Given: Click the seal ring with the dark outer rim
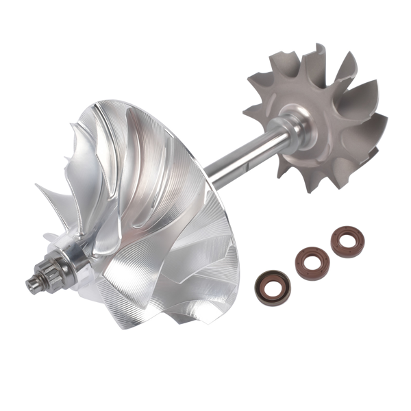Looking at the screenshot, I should pos(273,288).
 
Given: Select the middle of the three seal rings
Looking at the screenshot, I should pos(312,263).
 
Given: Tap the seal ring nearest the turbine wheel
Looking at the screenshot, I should pos(347,242).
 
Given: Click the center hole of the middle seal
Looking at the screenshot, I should pos(312,262).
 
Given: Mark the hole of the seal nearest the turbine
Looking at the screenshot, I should pos(347,240).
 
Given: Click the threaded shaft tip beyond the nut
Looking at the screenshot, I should pos(33,283).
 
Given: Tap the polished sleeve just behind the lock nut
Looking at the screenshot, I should pos(68,259).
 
